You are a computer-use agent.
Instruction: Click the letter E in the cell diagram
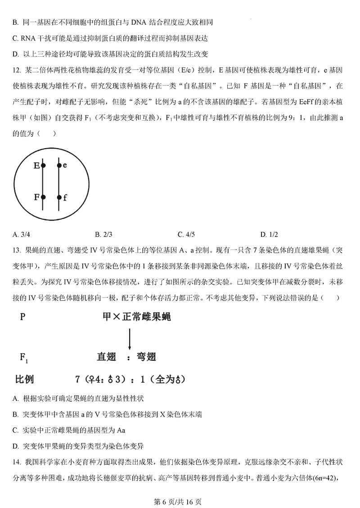coord(36,166)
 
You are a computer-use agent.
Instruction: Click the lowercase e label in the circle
coord(65,165)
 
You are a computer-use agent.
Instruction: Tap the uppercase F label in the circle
coord(36,197)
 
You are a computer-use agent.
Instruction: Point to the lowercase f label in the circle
coord(65,198)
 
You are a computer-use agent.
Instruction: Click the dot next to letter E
coord(43,166)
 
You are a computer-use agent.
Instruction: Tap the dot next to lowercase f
coord(59,197)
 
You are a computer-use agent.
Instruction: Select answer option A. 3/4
coord(21,234)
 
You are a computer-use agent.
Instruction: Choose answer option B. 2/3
coord(103,234)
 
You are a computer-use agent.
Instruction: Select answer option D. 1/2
coord(269,234)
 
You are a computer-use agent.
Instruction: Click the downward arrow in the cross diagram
coord(130,339)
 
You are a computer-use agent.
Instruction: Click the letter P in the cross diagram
coord(22,317)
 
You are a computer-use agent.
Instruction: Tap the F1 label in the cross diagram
coord(24,358)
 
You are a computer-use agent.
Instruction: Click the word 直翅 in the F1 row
coord(107,357)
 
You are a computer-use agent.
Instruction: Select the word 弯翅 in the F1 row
coord(146,357)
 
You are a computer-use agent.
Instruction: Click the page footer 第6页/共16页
coord(180,500)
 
